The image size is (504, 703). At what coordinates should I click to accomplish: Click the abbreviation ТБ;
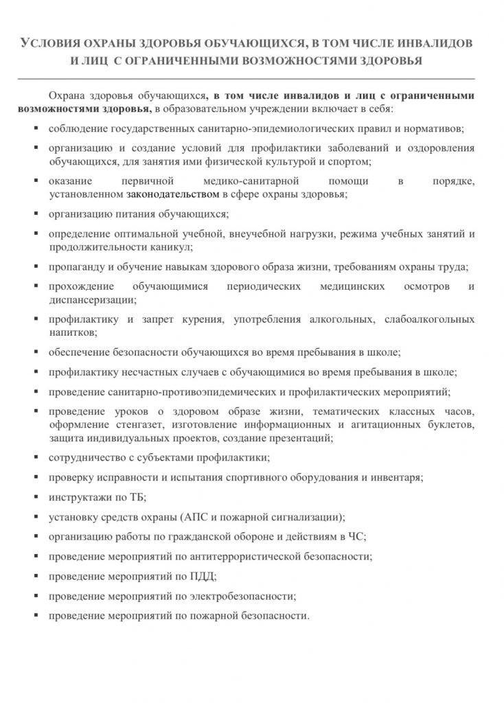pos(138,497)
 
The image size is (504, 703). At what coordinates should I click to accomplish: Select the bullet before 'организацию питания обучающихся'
pos(35,214)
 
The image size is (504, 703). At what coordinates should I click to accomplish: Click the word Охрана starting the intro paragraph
pos(67,97)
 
